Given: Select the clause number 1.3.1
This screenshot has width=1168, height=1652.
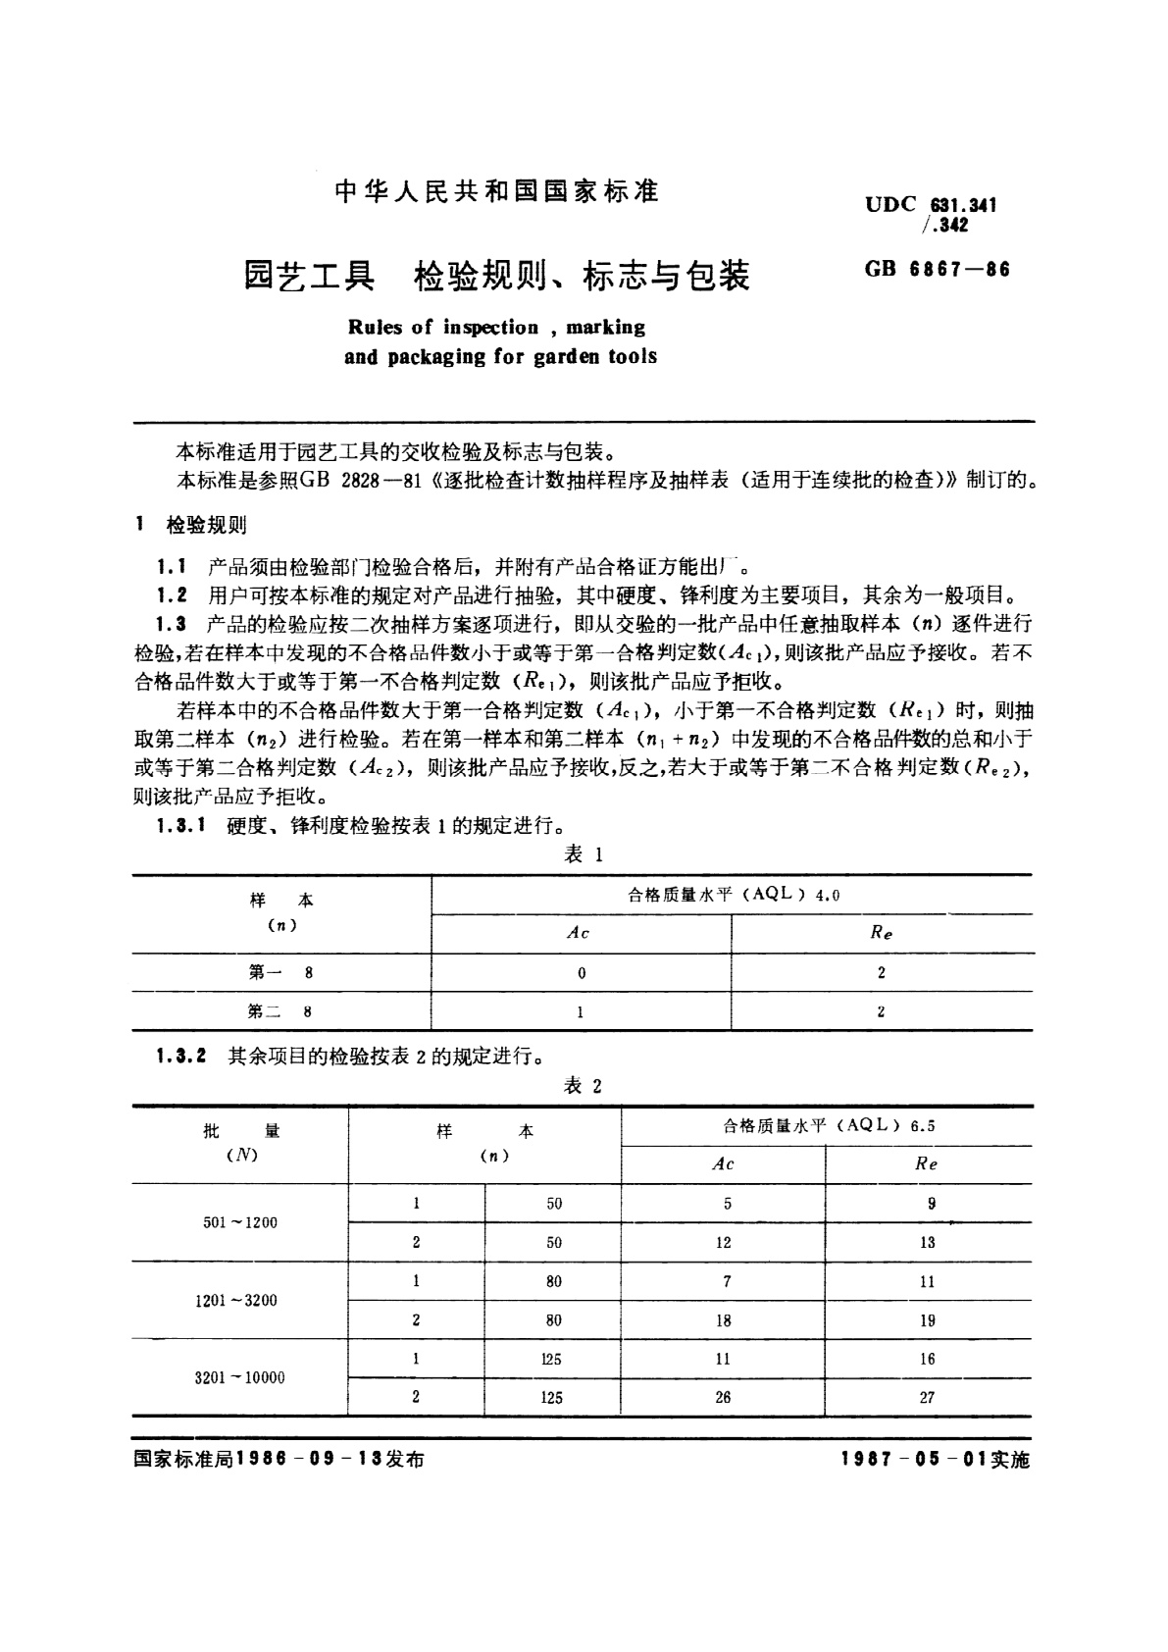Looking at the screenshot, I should click(179, 826).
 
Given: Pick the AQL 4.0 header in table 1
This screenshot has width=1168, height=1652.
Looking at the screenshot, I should click(734, 895).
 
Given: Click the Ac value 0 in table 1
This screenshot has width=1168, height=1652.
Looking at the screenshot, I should click(582, 973).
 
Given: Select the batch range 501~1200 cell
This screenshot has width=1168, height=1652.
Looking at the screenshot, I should click(240, 1222).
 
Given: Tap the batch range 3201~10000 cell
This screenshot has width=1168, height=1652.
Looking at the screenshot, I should click(240, 1377).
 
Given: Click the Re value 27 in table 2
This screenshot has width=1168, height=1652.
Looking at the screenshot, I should click(927, 1398).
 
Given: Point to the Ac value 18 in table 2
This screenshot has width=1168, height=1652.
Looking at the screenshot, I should click(723, 1320).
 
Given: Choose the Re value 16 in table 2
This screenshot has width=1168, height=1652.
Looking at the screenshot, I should click(927, 1359).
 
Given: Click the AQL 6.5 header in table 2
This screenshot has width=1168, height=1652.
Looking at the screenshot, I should click(828, 1126).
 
